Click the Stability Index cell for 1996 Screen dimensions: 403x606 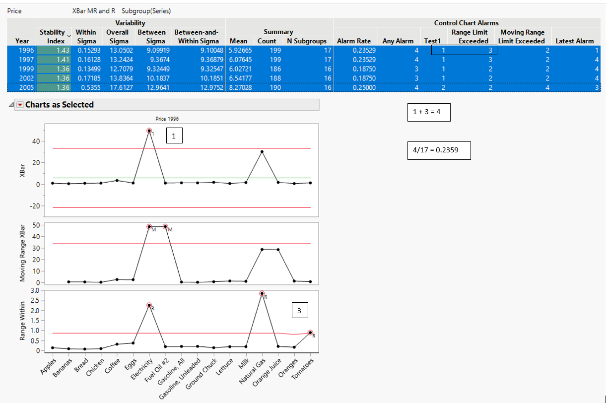[55, 50]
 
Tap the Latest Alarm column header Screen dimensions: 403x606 [574, 41]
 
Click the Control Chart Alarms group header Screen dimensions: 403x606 [466, 23]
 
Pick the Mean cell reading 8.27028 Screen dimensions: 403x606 [240, 87]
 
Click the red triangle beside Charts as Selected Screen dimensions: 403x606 [20, 105]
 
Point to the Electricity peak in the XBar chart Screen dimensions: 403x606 [149, 131]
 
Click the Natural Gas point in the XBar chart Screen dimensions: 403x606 [262, 151]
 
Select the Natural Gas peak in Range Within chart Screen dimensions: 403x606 [262, 293]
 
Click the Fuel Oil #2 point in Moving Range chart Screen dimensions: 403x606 [165, 226]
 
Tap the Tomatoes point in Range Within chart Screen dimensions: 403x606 [310, 333]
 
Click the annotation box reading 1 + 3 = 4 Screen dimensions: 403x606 [428, 113]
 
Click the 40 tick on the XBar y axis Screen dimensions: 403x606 [36, 141]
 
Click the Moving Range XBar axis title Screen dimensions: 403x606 [23, 253]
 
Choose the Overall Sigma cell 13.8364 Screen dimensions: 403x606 [119, 78]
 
